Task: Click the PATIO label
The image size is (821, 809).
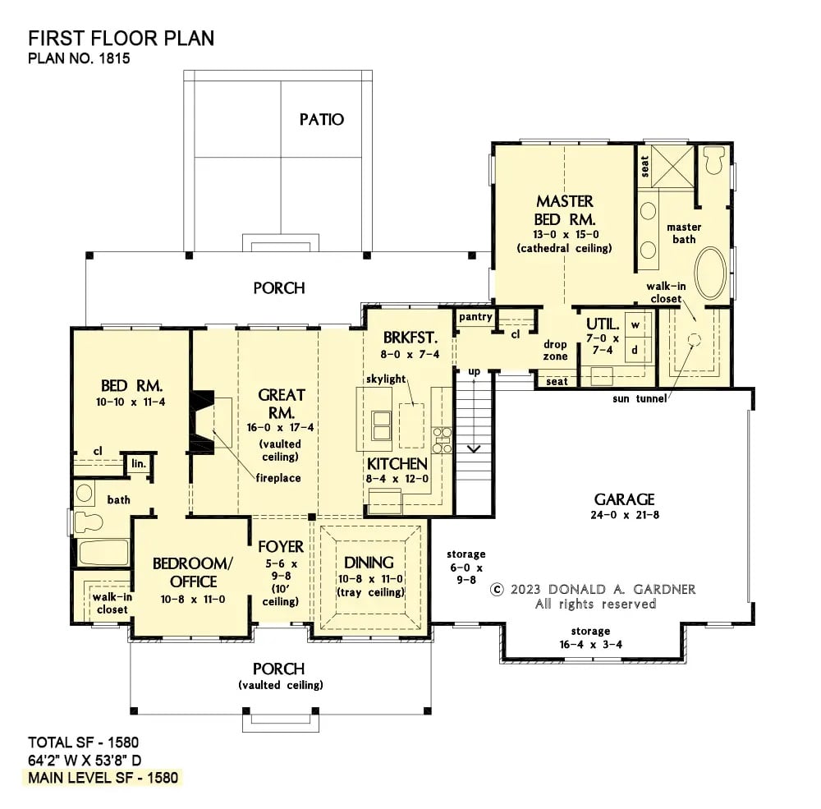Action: click(x=321, y=120)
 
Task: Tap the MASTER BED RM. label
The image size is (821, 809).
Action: click(x=565, y=210)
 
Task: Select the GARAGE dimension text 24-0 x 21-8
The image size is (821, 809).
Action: click(x=625, y=517)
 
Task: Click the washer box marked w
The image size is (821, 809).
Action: click(x=635, y=324)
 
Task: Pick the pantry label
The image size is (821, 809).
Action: click(x=475, y=316)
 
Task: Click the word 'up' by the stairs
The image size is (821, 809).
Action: click(x=474, y=372)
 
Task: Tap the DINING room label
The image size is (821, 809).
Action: click(x=369, y=563)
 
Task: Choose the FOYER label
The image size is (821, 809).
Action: click(x=281, y=547)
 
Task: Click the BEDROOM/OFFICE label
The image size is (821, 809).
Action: click(x=194, y=572)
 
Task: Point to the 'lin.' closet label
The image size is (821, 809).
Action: click(x=138, y=464)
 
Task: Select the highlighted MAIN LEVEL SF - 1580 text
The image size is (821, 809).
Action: click(x=103, y=777)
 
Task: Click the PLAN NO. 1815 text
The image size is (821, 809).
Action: click(x=79, y=59)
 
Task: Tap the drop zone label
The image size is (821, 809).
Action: click(x=555, y=351)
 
